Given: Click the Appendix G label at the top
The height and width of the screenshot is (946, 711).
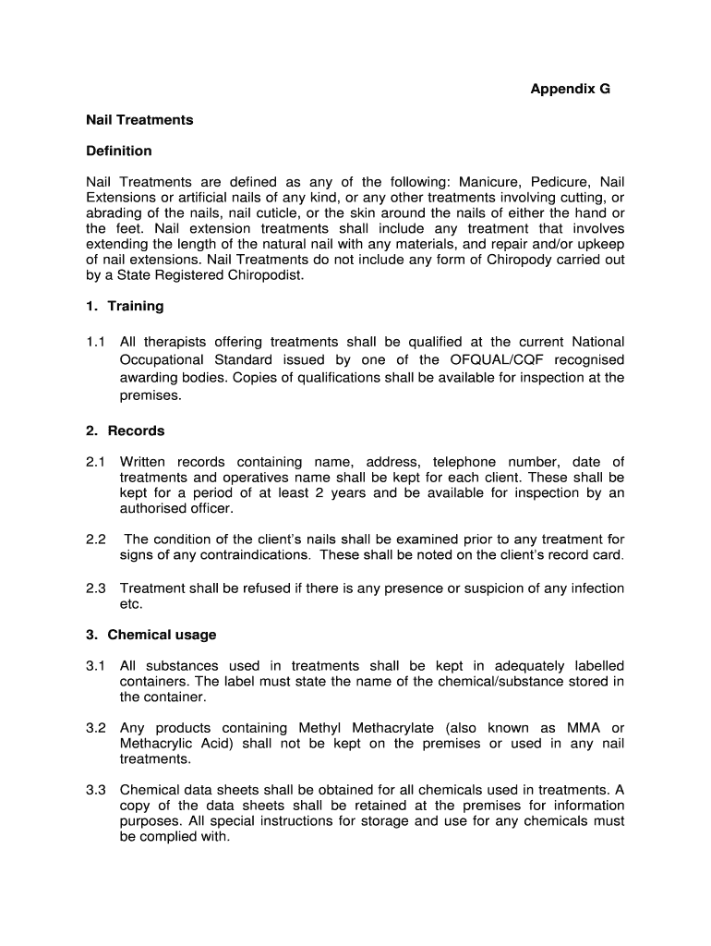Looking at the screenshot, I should point(570,90).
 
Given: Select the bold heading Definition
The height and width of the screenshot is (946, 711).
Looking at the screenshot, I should point(119,151).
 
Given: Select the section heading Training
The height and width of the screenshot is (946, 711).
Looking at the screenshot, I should point(136,306).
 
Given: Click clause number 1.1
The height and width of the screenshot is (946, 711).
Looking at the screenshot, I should point(96,342).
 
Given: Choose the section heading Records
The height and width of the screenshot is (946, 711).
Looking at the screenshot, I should point(136,431).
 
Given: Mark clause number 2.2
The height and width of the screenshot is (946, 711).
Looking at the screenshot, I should point(96,540).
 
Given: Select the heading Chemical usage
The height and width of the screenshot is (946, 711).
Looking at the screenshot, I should point(162,635).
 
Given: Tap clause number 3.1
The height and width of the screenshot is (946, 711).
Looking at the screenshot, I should point(96,666).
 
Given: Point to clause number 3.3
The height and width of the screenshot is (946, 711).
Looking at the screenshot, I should point(96,790).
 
